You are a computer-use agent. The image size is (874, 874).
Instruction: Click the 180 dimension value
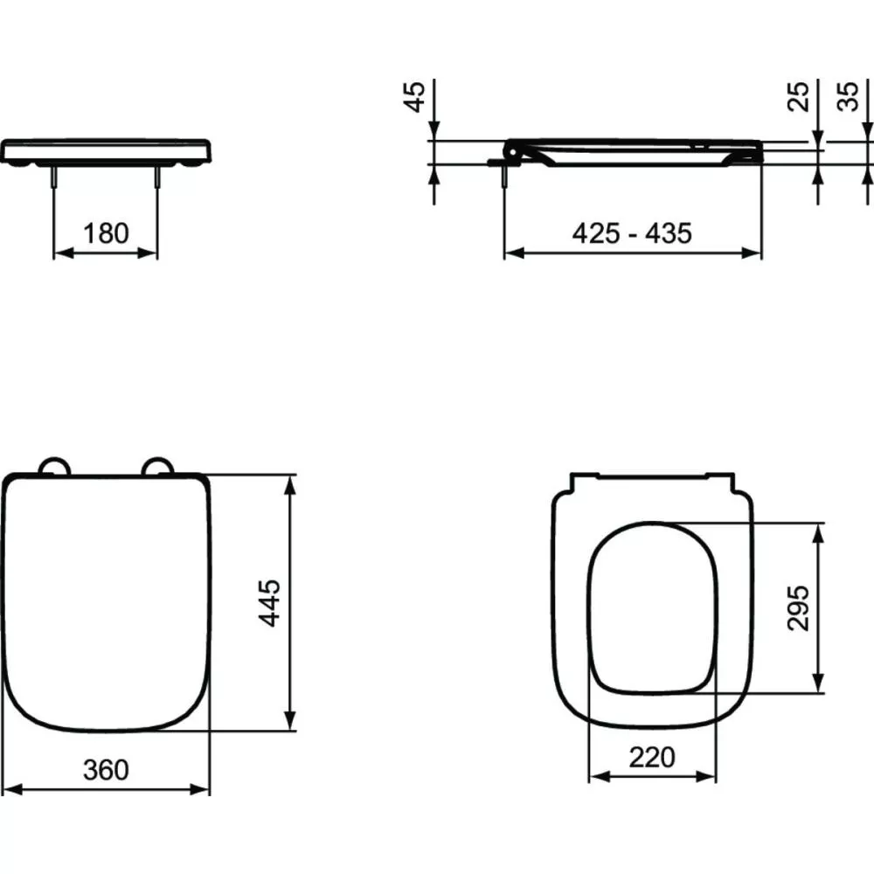(x=106, y=233)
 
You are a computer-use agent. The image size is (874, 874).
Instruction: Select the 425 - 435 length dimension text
(x=632, y=233)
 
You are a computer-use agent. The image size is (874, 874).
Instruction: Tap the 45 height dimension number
(x=415, y=97)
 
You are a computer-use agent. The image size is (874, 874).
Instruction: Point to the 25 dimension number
(x=798, y=97)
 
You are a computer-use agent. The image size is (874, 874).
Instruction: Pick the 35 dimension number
(x=848, y=97)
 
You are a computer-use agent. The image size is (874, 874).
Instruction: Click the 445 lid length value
(x=270, y=603)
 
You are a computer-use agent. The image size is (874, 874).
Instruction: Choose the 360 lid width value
(x=106, y=770)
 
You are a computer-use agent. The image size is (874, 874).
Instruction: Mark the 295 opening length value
(x=798, y=608)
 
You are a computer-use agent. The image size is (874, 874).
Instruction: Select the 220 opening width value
(x=652, y=757)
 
